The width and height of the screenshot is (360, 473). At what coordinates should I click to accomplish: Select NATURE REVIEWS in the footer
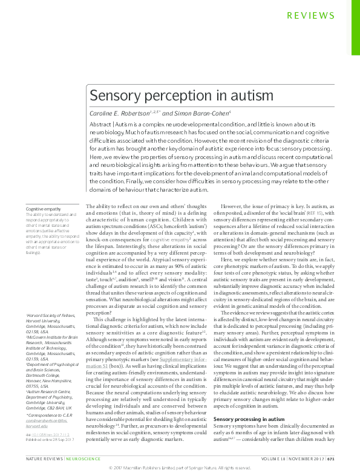tap(44, 459)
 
